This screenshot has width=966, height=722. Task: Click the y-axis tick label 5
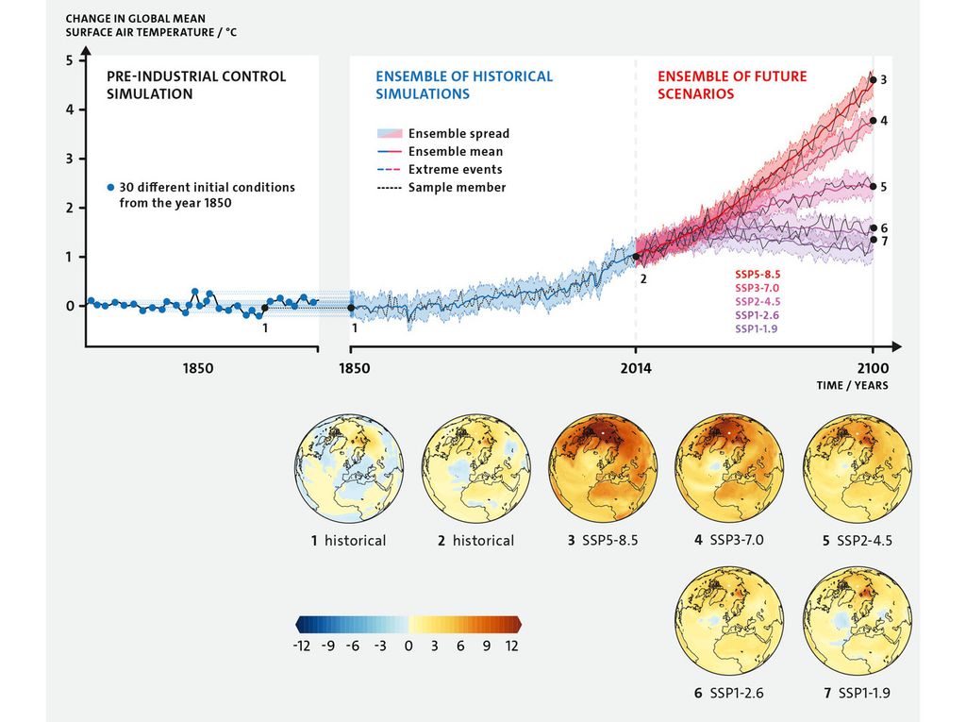(69, 60)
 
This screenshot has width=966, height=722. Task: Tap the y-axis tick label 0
(69, 306)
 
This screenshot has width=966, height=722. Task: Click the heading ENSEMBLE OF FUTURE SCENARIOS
(731, 85)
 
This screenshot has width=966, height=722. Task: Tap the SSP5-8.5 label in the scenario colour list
(752, 274)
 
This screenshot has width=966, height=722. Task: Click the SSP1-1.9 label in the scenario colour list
(752, 328)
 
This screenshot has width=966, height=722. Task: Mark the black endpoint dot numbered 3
(873, 80)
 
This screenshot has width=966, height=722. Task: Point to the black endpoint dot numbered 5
(873, 187)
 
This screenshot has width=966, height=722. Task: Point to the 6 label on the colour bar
(460, 646)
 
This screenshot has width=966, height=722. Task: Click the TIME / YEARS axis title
(852, 385)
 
